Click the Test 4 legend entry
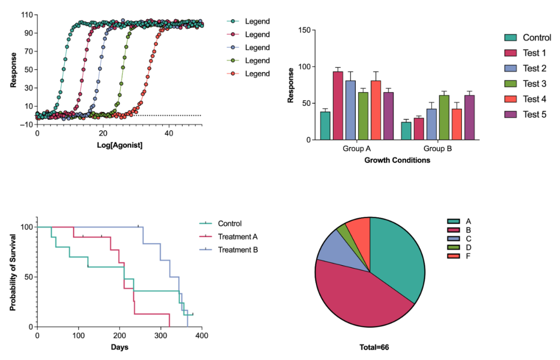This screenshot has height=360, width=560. tap(534, 99)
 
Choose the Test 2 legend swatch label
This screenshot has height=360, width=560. tap(534, 68)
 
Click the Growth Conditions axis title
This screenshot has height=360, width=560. tap(397, 160)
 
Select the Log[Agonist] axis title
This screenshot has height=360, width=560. tap(120, 145)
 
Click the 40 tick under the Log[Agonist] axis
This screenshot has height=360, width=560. tap(169, 133)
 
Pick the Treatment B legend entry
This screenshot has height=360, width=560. tap(237, 250)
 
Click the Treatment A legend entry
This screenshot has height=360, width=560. tap(237, 237)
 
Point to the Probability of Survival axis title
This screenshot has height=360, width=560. tap(13, 273)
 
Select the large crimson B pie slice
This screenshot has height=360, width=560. tap(358, 296)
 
